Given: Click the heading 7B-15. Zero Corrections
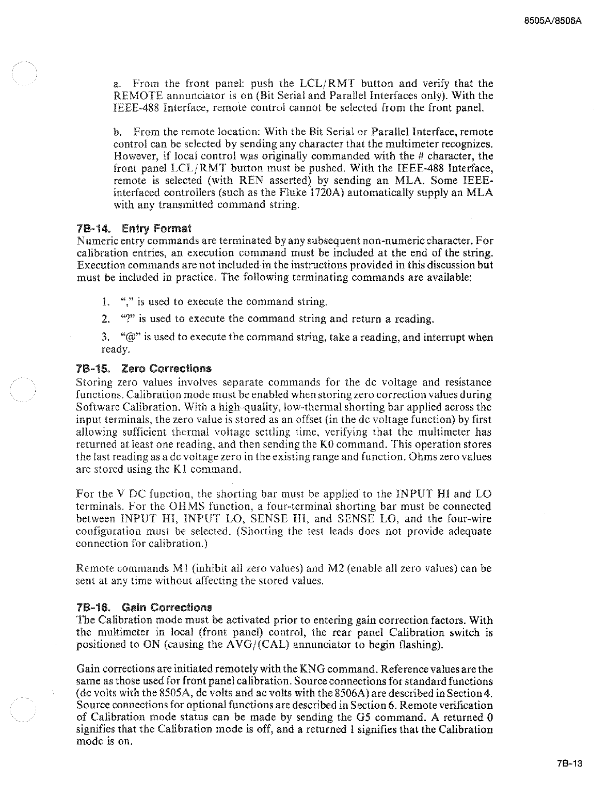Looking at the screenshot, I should [x=143, y=369].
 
